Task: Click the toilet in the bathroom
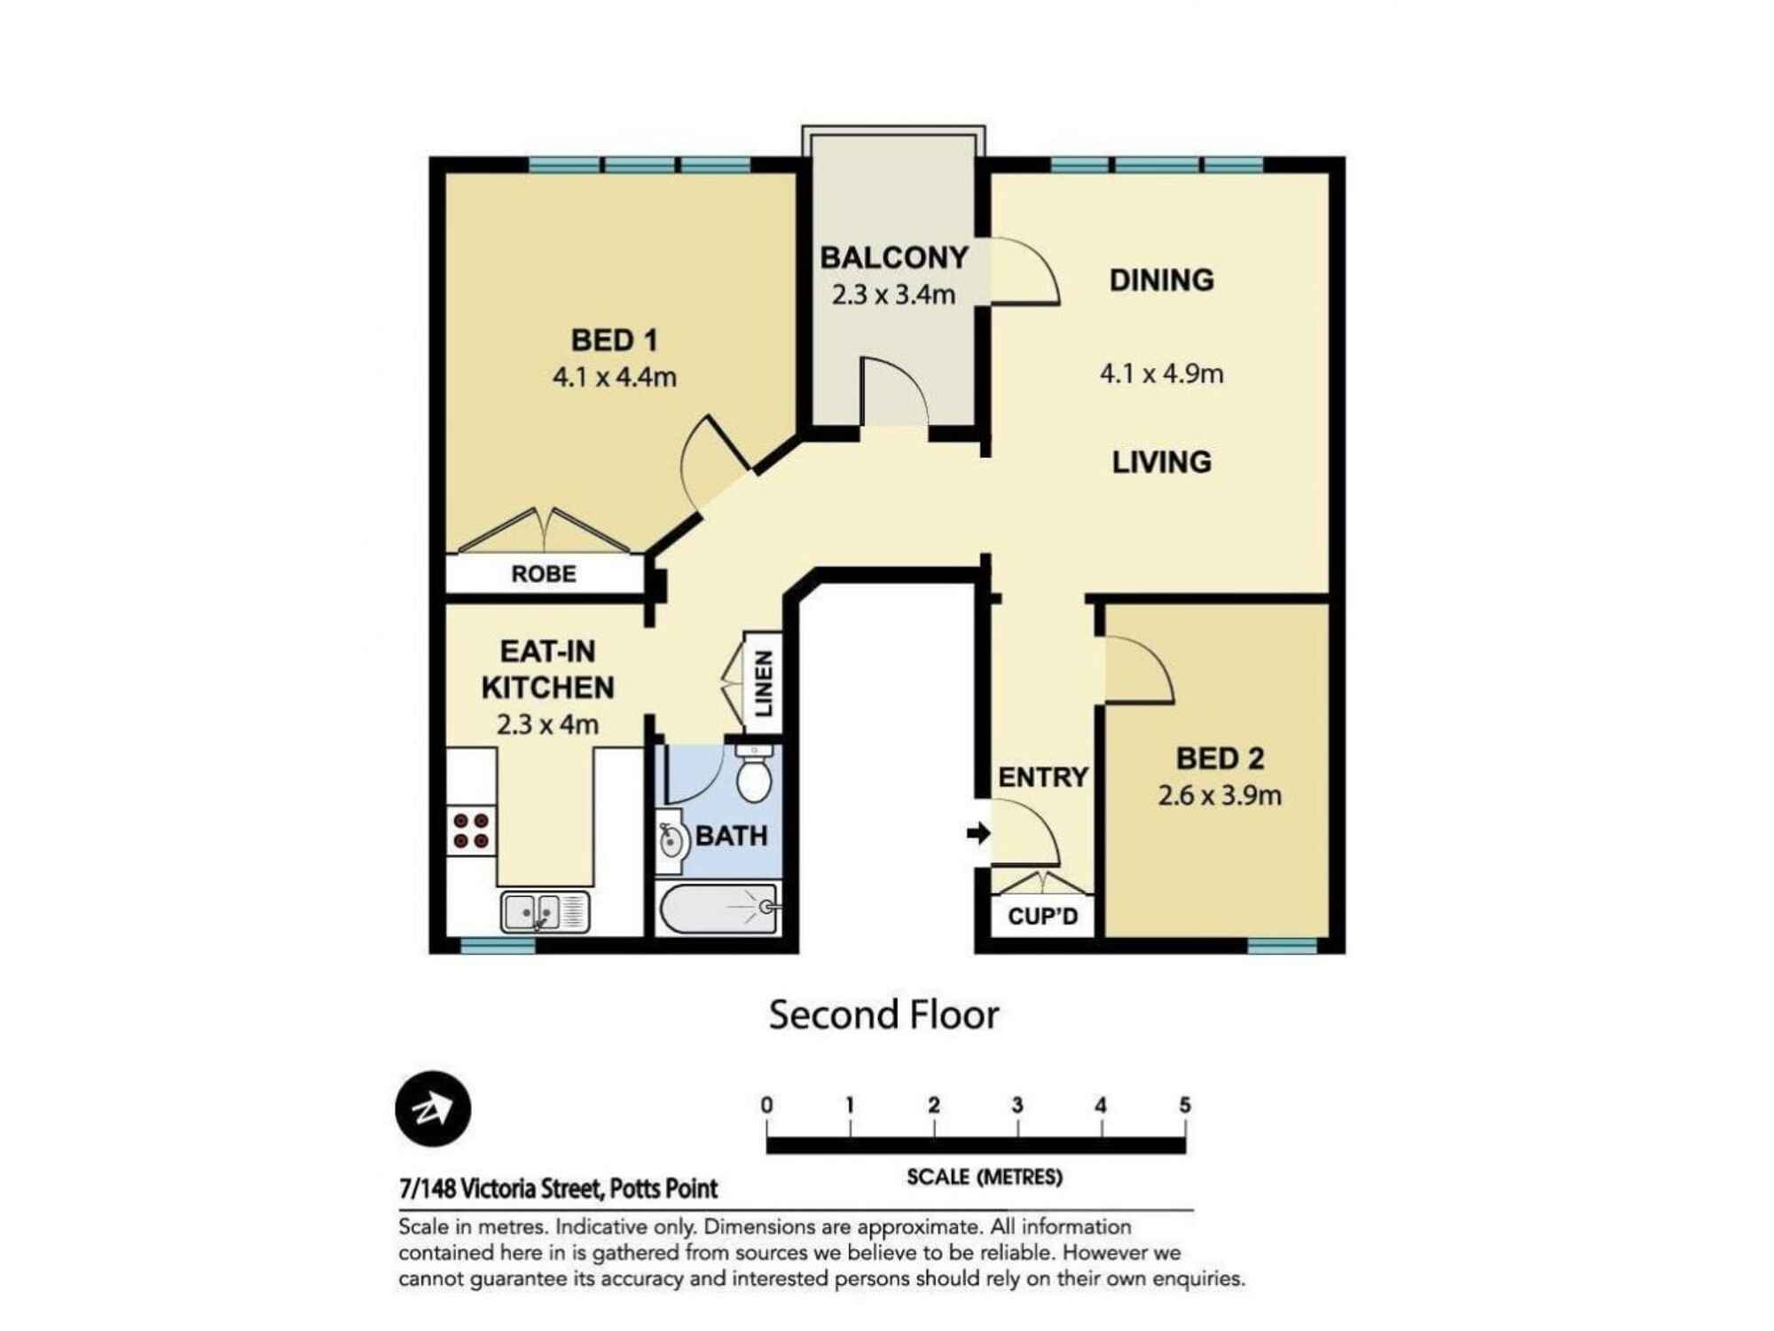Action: (754, 776)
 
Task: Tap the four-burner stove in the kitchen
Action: (471, 831)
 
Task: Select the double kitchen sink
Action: (545, 912)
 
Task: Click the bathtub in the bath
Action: (718, 908)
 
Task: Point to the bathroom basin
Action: (671, 839)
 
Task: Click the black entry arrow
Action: (978, 833)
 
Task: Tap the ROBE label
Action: (544, 574)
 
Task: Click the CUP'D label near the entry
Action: (1043, 916)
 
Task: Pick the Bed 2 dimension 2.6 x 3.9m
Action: (1219, 795)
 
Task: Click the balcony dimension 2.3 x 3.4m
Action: (893, 295)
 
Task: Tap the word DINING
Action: (1161, 280)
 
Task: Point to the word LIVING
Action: (1161, 462)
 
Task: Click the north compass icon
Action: (433, 1109)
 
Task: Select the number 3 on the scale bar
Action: (1017, 1106)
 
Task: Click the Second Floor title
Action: (883, 1015)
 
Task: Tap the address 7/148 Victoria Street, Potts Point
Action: (558, 1188)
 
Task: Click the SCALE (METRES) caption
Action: (984, 1177)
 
